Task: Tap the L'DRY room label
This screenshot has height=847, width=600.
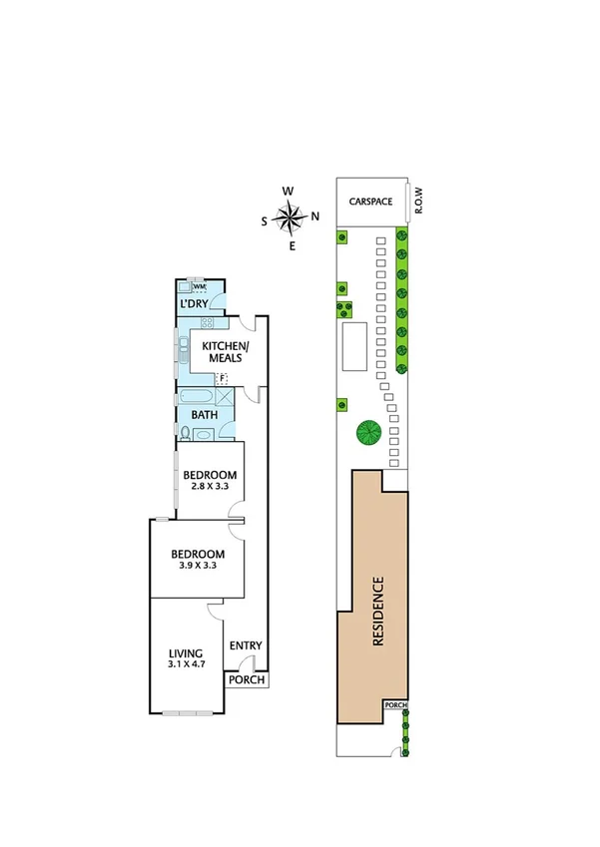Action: click(194, 304)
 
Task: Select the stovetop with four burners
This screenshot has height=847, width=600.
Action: click(208, 322)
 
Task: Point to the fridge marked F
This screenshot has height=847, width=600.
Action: click(223, 378)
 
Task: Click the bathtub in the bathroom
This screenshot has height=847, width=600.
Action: click(200, 394)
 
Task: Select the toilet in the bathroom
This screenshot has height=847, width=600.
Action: click(186, 432)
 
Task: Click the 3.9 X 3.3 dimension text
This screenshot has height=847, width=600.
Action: click(197, 566)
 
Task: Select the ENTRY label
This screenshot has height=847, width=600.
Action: click(246, 646)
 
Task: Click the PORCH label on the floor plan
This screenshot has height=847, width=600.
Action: click(247, 680)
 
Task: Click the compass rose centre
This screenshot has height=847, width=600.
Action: click(291, 216)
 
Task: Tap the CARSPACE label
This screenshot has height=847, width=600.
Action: click(370, 202)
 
